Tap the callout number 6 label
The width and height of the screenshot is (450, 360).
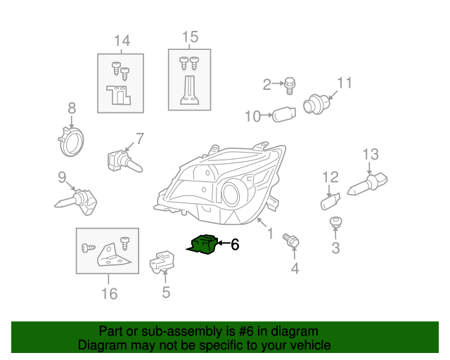[x=235, y=245]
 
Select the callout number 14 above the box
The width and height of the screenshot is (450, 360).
[x=122, y=41]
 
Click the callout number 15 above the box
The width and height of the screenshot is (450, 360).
[x=190, y=37]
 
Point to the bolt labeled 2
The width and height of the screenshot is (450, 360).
[x=288, y=86]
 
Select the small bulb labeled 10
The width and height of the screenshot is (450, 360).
[x=282, y=114]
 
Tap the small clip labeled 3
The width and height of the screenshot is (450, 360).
[x=337, y=224]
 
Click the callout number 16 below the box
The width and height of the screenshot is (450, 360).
[x=109, y=293]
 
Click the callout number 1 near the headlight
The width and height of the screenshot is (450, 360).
[x=269, y=229]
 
